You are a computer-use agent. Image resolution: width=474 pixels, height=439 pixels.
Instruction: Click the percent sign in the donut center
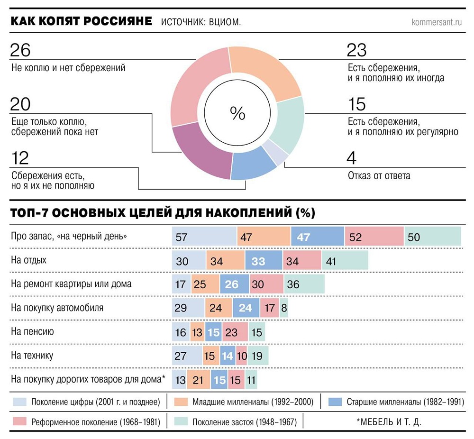(237, 113)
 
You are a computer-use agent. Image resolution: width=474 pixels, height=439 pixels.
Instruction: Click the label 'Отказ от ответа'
(379, 176)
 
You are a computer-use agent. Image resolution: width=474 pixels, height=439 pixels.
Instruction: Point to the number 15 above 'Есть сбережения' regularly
(358, 104)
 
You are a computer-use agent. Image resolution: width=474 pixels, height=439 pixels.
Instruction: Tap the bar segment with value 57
(204, 237)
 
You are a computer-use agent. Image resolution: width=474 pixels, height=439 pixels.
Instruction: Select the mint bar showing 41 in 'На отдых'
(345, 261)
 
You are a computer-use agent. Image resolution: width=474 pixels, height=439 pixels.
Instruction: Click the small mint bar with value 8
(284, 308)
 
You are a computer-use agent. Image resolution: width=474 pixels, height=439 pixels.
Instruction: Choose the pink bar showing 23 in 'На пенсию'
(234, 332)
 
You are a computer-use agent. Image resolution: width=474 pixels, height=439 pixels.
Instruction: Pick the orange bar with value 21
(199, 380)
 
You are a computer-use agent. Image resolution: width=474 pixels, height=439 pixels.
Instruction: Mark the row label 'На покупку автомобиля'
(57, 308)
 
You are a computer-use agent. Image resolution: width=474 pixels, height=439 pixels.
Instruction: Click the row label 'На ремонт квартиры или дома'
(71, 284)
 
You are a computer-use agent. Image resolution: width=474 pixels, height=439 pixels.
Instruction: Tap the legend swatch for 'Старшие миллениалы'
(335, 402)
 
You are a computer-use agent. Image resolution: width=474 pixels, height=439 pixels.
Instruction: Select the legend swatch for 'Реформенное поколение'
(19, 421)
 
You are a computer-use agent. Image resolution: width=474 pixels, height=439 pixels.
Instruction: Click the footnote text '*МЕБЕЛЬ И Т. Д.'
(388, 421)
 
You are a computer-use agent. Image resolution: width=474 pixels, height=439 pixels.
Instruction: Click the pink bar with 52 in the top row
(374, 237)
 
